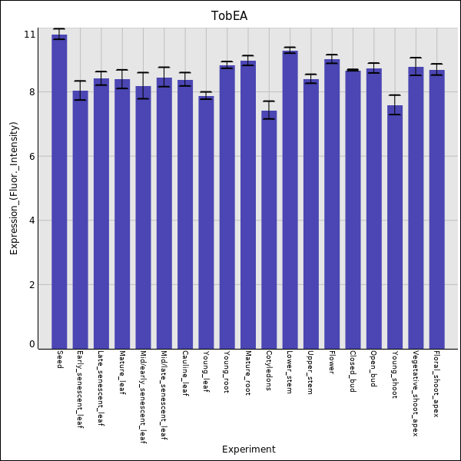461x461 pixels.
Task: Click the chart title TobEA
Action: pos(230,16)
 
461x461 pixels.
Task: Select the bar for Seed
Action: pos(59,192)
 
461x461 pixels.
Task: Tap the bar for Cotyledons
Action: pos(269,230)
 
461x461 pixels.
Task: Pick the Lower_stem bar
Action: pos(290,200)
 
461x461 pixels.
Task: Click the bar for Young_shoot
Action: pos(395,227)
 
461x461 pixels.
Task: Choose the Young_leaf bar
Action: pos(206,223)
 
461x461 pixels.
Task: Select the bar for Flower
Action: pos(332,204)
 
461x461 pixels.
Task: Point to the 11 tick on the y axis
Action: pos(30,35)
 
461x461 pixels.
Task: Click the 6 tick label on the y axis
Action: pos(32,157)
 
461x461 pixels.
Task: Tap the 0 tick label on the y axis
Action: pos(32,344)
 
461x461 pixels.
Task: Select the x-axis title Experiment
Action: pos(248,449)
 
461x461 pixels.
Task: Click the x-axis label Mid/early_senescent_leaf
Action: pos(143,397)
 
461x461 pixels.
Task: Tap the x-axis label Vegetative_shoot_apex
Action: pos(416,393)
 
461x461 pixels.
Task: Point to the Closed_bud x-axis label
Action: pos(353,372)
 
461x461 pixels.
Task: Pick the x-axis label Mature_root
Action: pos(248,373)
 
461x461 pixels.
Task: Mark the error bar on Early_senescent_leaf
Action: pos(80,90)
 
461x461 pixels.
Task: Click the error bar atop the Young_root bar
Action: pos(227,65)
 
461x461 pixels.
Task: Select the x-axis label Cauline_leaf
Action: pos(185,373)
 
